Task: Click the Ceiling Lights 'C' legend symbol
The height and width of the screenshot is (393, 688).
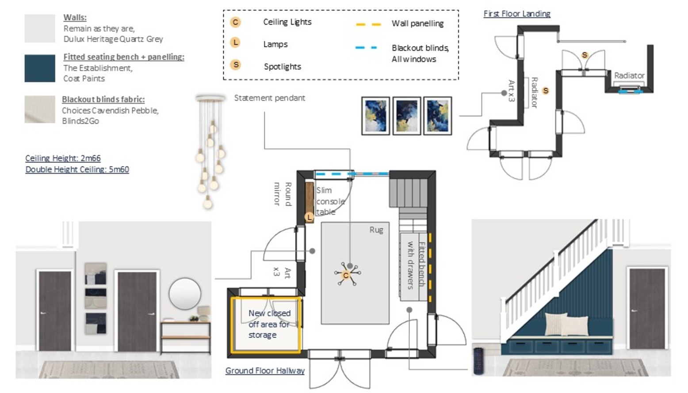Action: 235,22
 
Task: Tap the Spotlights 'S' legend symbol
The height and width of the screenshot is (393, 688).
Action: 236,65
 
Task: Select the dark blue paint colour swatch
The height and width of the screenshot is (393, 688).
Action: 40,68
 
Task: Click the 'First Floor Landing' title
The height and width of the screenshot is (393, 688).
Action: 516,14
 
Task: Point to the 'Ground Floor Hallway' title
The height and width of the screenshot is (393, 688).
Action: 265,370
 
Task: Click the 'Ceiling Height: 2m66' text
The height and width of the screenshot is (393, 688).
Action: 63,158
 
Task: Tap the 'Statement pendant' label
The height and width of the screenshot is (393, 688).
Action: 269,98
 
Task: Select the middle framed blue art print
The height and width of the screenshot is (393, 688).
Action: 406,116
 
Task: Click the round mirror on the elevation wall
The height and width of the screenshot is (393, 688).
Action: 185,294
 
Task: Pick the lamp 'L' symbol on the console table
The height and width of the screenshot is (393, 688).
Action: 309,217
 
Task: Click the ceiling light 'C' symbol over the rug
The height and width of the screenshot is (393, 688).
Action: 346,275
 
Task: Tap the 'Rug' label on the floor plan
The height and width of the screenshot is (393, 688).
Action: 376,230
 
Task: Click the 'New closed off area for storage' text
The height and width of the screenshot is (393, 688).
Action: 269,324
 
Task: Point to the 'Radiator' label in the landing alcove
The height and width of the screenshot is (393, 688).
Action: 629,76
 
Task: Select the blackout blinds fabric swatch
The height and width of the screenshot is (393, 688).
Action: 40,109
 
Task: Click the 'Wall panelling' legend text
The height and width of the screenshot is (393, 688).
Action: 417,23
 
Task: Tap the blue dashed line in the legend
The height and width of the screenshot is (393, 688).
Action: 366,47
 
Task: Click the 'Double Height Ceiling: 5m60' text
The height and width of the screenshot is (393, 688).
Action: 77,169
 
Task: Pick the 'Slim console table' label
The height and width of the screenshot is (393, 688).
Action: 329,201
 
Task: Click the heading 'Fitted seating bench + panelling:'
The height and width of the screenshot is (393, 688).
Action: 123,57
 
